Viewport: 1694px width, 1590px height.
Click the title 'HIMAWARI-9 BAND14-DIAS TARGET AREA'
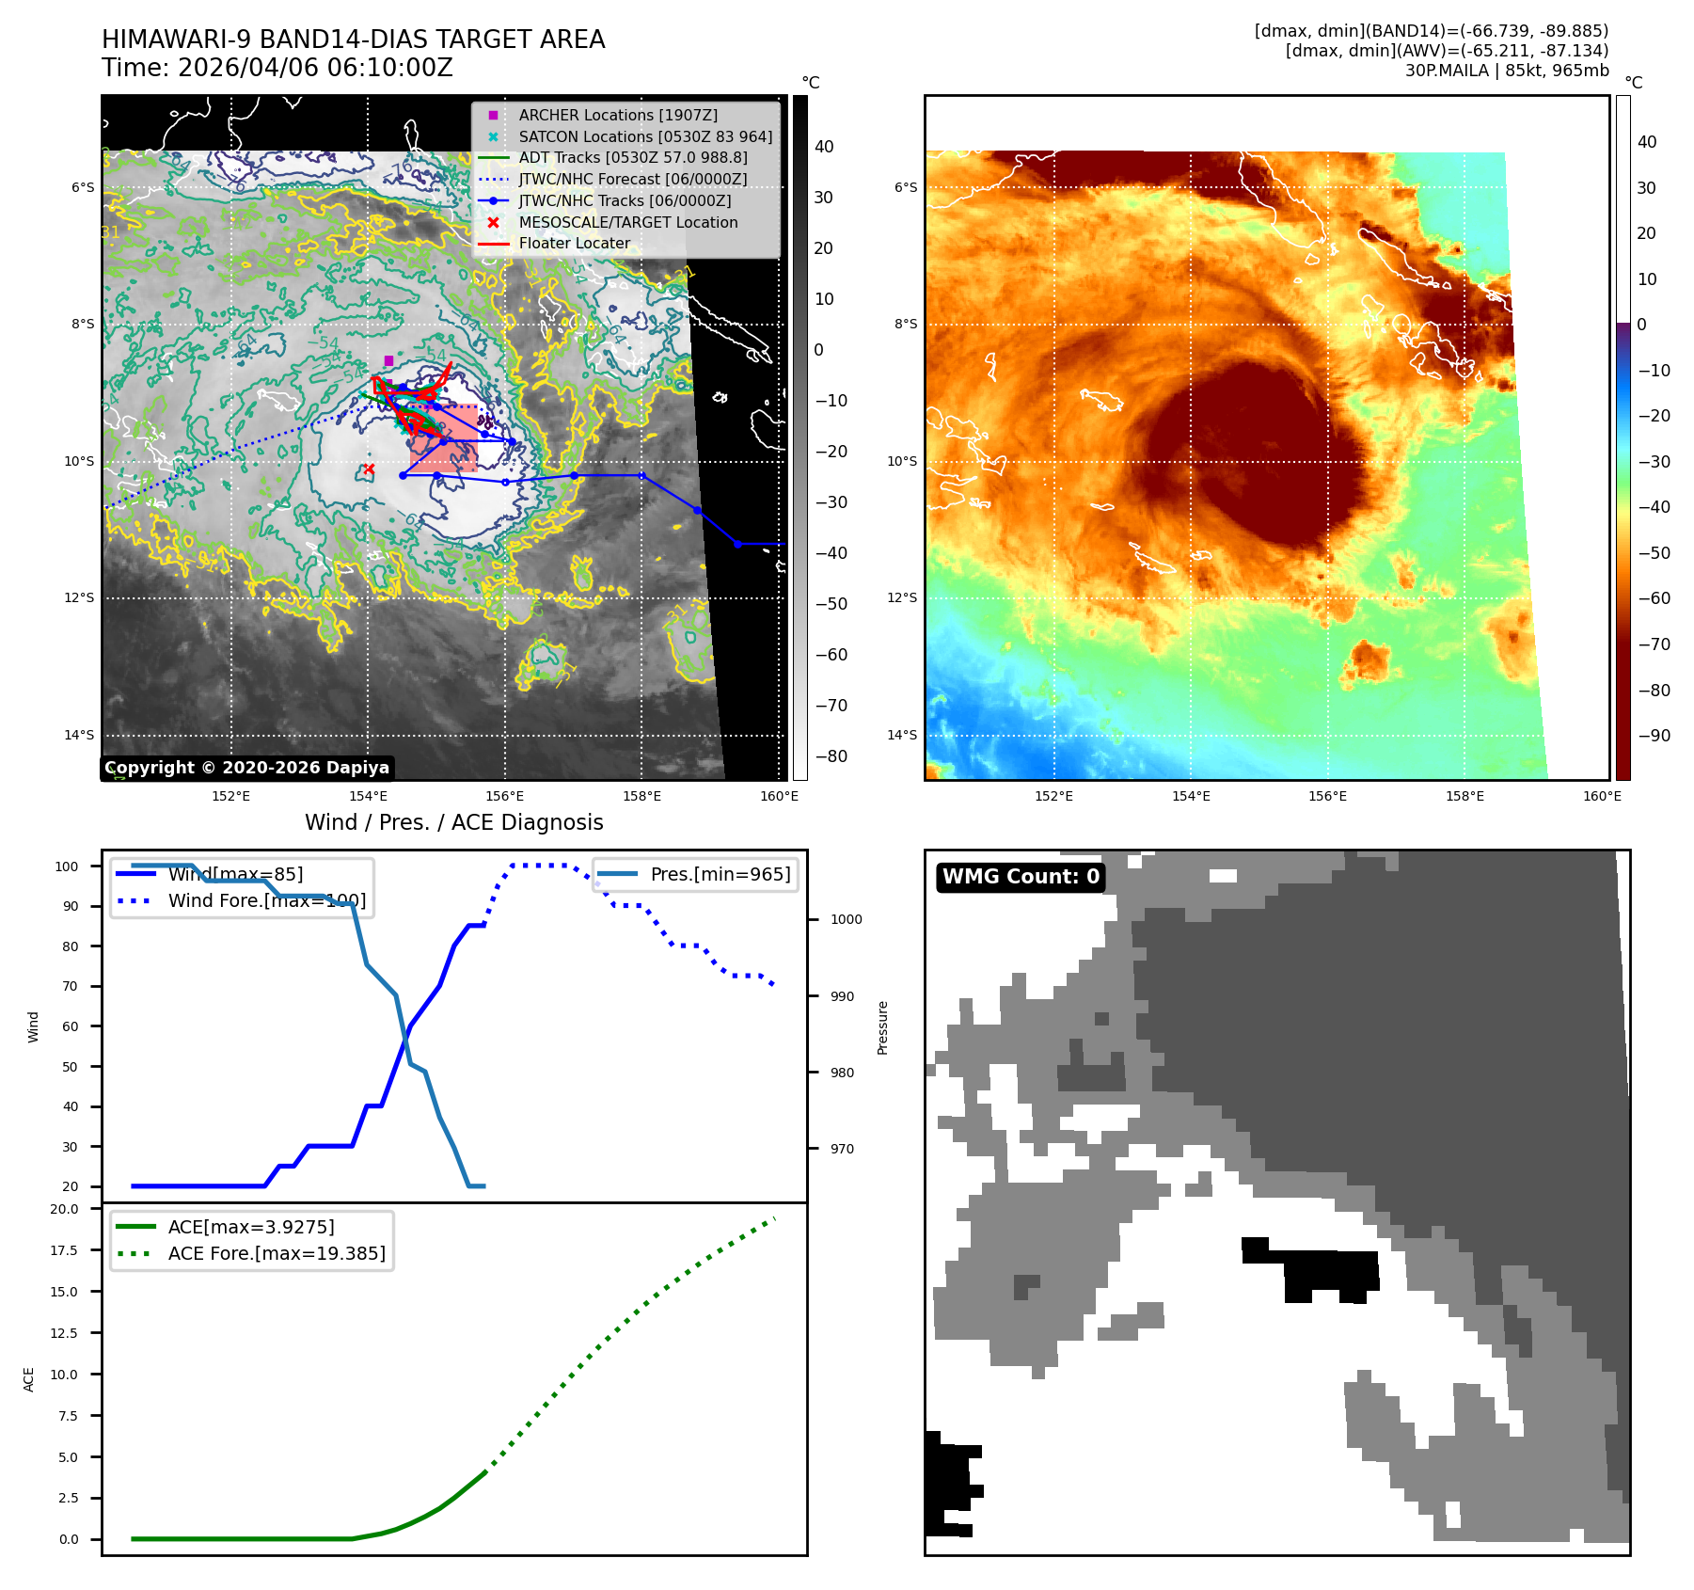click(x=353, y=40)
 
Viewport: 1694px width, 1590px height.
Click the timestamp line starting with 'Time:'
click(x=277, y=68)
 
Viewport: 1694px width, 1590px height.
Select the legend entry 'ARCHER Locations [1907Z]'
click(x=617, y=115)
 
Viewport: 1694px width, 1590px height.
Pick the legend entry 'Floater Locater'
click(x=574, y=243)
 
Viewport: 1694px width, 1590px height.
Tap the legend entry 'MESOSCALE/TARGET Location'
click(x=627, y=222)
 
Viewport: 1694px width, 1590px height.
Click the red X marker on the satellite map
click(x=369, y=469)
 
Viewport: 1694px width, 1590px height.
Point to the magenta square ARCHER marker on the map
click(x=388, y=360)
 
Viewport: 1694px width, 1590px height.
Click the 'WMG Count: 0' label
click(x=1021, y=877)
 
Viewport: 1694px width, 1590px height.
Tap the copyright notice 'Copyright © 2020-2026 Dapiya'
click(x=246, y=768)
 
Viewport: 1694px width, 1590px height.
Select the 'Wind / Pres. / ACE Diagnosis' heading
click(x=453, y=822)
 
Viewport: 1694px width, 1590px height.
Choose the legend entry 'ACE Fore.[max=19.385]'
click(x=277, y=1253)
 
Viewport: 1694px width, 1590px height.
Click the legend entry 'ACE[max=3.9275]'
click(x=251, y=1227)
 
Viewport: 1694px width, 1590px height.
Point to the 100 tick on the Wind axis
click(x=67, y=867)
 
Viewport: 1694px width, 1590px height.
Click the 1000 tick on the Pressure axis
click(x=846, y=919)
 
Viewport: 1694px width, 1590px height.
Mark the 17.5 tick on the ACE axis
click(x=64, y=1250)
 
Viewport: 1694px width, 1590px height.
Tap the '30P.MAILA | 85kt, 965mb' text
click(x=1507, y=71)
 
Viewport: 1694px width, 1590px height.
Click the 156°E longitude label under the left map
click(x=505, y=796)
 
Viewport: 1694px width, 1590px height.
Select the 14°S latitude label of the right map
click(x=902, y=735)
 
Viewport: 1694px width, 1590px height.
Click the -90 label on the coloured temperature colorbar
click(x=1654, y=736)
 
